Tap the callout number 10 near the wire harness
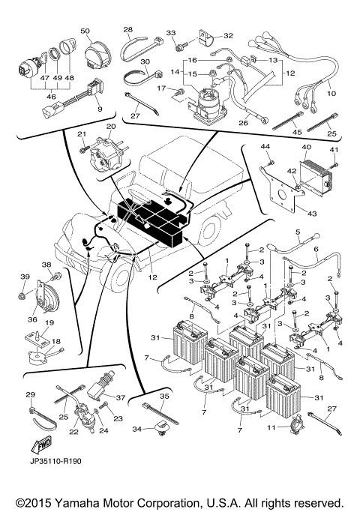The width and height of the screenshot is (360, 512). [x=331, y=94]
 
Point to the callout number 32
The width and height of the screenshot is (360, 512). [x=228, y=34]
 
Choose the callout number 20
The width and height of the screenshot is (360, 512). [x=111, y=127]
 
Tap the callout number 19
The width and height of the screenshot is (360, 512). [x=49, y=323]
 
